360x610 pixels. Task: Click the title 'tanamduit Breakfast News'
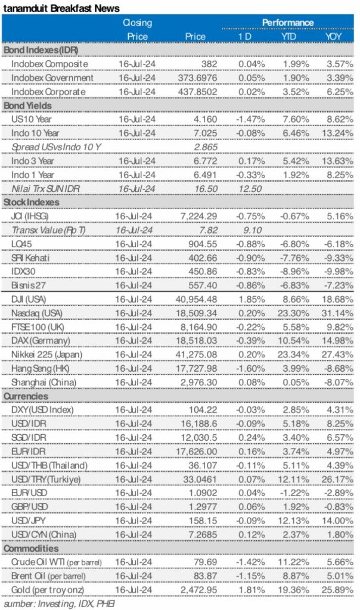[x=61, y=8]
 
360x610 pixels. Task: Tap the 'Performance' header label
[x=287, y=23]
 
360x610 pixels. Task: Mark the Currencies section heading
[x=27, y=396]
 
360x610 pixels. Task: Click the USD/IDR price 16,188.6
[x=198, y=424]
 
